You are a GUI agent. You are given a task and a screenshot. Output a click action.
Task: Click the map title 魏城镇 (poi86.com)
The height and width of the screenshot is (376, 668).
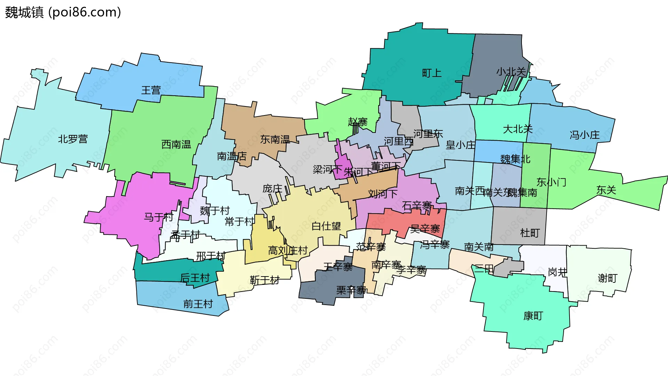pyautogui.click(x=63, y=12)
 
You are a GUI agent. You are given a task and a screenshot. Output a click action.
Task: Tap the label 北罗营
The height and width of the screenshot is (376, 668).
pyautogui.click(x=73, y=139)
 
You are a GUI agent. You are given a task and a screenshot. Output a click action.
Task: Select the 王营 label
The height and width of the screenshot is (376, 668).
pyautogui.click(x=151, y=90)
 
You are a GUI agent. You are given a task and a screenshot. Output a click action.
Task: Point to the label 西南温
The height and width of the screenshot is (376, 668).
pyautogui.click(x=176, y=144)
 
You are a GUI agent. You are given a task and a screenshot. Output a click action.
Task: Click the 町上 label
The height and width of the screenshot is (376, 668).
pyautogui.click(x=432, y=73)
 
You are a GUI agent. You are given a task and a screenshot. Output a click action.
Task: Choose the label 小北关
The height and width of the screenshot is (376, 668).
pyautogui.click(x=511, y=72)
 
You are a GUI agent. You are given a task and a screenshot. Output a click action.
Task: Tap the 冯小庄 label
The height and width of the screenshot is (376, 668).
pyautogui.click(x=584, y=135)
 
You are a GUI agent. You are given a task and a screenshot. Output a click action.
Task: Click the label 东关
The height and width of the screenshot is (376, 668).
pyautogui.click(x=606, y=190)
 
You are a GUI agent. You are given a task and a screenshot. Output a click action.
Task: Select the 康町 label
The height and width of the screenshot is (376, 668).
pyautogui.click(x=533, y=316)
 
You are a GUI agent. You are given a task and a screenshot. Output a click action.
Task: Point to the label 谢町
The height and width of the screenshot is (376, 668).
pyautogui.click(x=607, y=278)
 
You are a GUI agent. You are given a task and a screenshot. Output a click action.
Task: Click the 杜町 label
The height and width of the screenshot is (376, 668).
pyautogui.click(x=530, y=233)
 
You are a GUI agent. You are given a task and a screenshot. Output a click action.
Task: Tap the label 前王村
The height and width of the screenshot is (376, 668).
pyautogui.click(x=198, y=304)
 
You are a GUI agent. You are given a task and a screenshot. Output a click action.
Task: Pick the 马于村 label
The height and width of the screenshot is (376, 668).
pyautogui.click(x=159, y=217)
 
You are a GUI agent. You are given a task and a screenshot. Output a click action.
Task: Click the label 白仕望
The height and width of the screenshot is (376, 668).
pyautogui.click(x=326, y=226)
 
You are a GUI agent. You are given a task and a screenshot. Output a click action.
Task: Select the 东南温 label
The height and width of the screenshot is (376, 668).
pyautogui.click(x=275, y=139)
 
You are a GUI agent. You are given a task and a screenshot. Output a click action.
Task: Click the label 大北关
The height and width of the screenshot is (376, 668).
pyautogui.click(x=518, y=129)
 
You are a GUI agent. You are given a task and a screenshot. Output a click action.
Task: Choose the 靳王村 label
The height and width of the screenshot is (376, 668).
pyautogui.click(x=265, y=280)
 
